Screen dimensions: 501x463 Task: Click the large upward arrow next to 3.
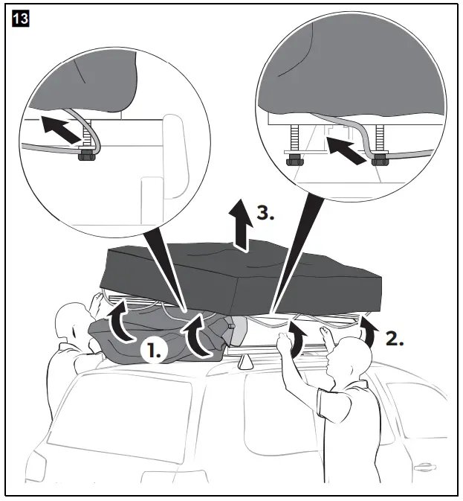[x=240, y=223]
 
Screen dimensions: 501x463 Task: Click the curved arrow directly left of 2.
[x=367, y=329]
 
